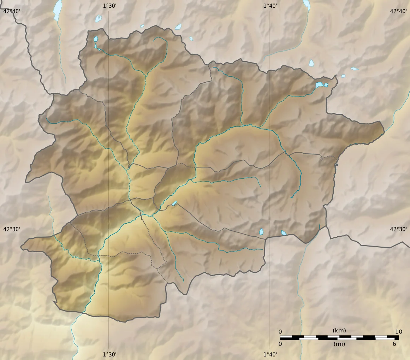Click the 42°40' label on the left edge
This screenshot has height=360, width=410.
(11, 11)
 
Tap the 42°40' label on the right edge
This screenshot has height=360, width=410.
(398, 11)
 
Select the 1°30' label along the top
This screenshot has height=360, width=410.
(109, 5)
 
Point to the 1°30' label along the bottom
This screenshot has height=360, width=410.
(109, 354)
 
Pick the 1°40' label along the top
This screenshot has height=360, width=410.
(270, 5)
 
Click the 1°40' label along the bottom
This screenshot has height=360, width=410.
(270, 354)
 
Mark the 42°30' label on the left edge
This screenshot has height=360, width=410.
(11, 229)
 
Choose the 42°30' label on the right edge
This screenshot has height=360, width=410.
(398, 229)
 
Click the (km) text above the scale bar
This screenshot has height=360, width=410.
(339, 331)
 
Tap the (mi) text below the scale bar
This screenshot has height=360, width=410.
(339, 344)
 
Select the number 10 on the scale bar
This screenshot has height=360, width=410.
(398, 331)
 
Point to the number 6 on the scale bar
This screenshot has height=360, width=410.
(394, 344)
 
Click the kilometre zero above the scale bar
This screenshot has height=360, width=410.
(280, 331)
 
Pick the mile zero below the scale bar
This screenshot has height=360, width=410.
(280, 344)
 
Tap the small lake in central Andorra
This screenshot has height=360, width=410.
(174, 203)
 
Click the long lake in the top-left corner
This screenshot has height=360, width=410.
(57, 11)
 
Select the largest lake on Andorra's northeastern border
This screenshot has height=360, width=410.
(320, 85)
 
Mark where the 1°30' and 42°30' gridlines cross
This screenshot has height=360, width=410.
(108, 229)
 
